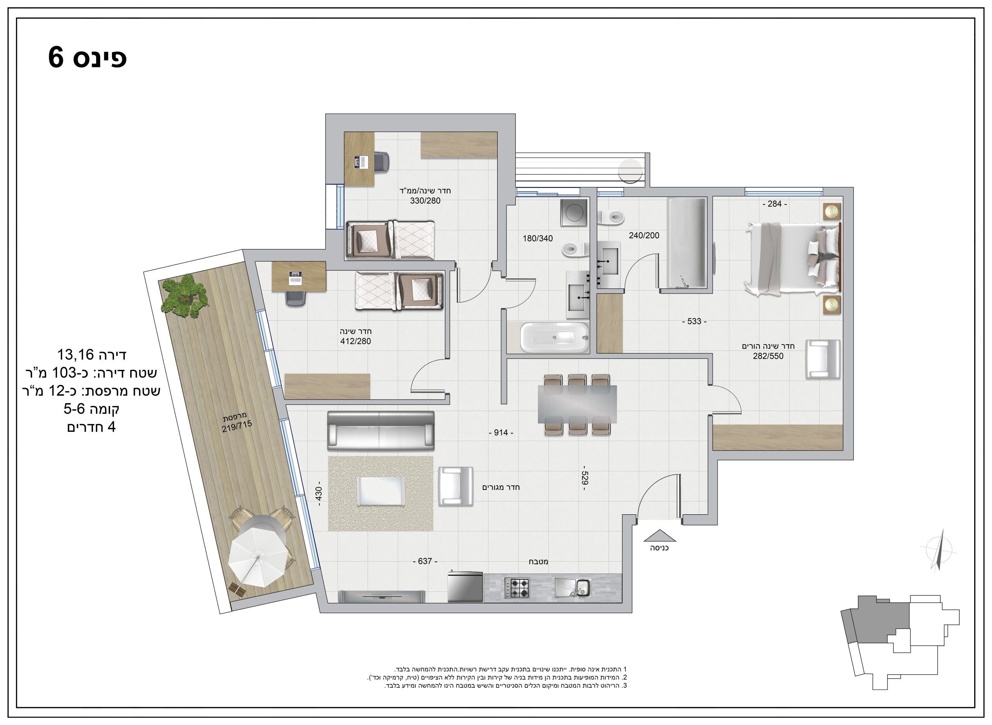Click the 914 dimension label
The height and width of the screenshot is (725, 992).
pyautogui.click(x=501, y=433)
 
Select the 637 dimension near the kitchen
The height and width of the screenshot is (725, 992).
pyautogui.click(x=425, y=561)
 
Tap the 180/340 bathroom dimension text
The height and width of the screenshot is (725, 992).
pyautogui.click(x=537, y=239)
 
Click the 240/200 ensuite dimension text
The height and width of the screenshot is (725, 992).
pyautogui.click(x=644, y=235)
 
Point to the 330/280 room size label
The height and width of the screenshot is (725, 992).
pyautogui.click(x=425, y=201)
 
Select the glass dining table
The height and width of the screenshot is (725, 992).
pyautogui.click(x=577, y=404)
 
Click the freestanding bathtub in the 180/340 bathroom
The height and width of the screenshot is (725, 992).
pyautogui.click(x=554, y=337)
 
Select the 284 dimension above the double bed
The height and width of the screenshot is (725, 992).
pyautogui.click(x=775, y=204)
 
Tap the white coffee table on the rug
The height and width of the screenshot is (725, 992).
pyautogui.click(x=381, y=491)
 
